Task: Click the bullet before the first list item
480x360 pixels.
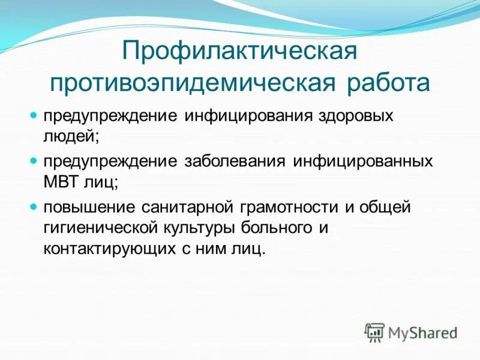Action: (x=34, y=115)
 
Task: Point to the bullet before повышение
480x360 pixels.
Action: (x=34, y=207)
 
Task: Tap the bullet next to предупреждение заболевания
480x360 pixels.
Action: (x=34, y=161)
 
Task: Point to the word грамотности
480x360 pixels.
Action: (x=287, y=208)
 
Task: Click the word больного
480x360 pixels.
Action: (x=276, y=229)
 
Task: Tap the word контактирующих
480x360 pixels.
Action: (x=110, y=249)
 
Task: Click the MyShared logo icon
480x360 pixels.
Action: (x=375, y=331)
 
